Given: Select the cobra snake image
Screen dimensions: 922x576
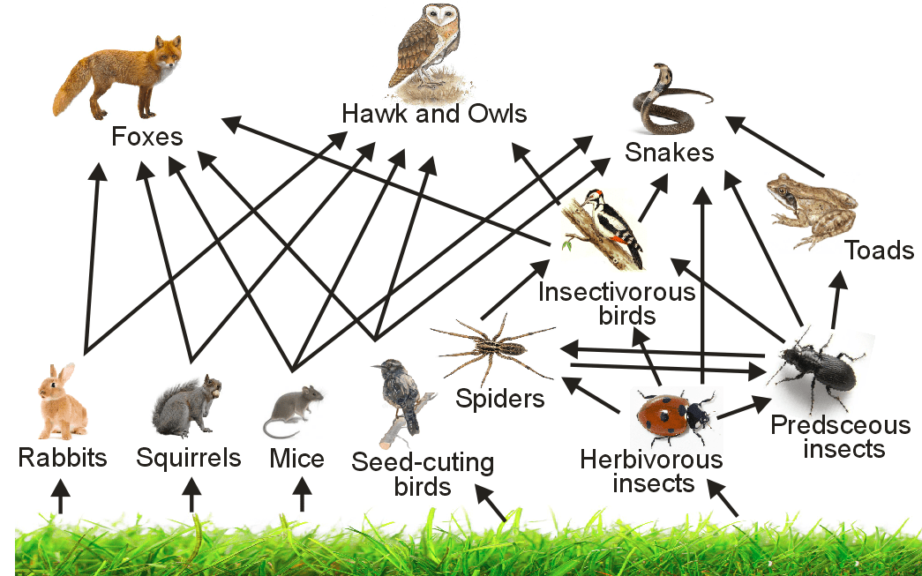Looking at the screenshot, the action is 666,98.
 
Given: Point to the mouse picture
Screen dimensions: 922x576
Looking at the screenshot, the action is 295,409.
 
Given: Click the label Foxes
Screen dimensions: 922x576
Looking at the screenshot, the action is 147,137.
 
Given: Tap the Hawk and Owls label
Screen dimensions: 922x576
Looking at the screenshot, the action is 434,114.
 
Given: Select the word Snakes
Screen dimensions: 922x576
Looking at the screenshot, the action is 669,153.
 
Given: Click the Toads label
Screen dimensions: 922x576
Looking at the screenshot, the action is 879,251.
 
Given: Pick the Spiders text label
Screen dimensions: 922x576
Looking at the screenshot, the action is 500,399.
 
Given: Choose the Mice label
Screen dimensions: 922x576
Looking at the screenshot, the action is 296,459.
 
